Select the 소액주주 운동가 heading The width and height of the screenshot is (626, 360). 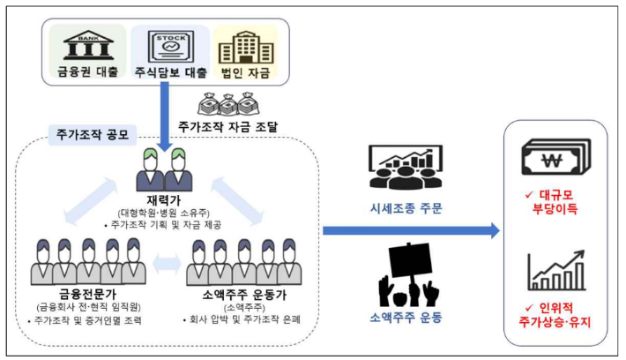pyautogui.click(x=242, y=293)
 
